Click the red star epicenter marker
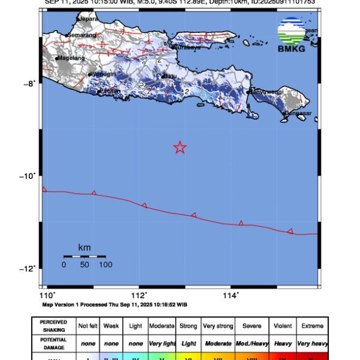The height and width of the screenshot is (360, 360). pyautogui.click(x=179, y=147)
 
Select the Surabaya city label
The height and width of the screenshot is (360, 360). pyautogui.click(x=187, y=47)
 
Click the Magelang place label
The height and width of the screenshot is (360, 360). pyautogui.click(x=71, y=58)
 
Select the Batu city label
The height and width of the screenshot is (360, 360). pyautogui.click(x=170, y=76)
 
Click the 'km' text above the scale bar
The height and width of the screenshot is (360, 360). pyautogui.click(x=84, y=247)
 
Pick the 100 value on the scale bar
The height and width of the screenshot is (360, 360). pyautogui.click(x=106, y=265)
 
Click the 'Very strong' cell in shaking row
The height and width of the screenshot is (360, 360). pyautogui.click(x=217, y=326)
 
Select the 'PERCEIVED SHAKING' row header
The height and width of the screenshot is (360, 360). pyautogui.click(x=54, y=326)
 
